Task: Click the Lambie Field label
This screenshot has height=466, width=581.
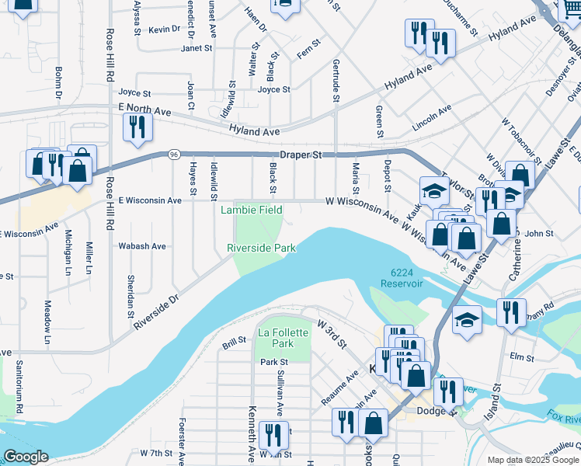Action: coord(250,210)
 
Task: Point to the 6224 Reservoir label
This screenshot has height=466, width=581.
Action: coord(401,278)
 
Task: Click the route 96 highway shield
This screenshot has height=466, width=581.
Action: coord(172,155)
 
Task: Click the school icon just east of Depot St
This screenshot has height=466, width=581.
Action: coord(434,190)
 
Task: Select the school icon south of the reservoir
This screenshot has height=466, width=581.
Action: coord(467,318)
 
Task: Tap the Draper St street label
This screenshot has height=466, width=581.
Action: coord(301,155)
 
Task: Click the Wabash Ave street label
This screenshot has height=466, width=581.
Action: coord(142,246)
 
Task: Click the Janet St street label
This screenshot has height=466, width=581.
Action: coord(197,48)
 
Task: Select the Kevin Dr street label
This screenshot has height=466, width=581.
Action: coord(165,30)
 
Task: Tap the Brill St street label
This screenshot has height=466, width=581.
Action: coord(234,341)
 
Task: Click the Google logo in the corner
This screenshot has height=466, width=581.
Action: coord(26,457)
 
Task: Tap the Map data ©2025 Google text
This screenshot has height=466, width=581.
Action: coord(532,460)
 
